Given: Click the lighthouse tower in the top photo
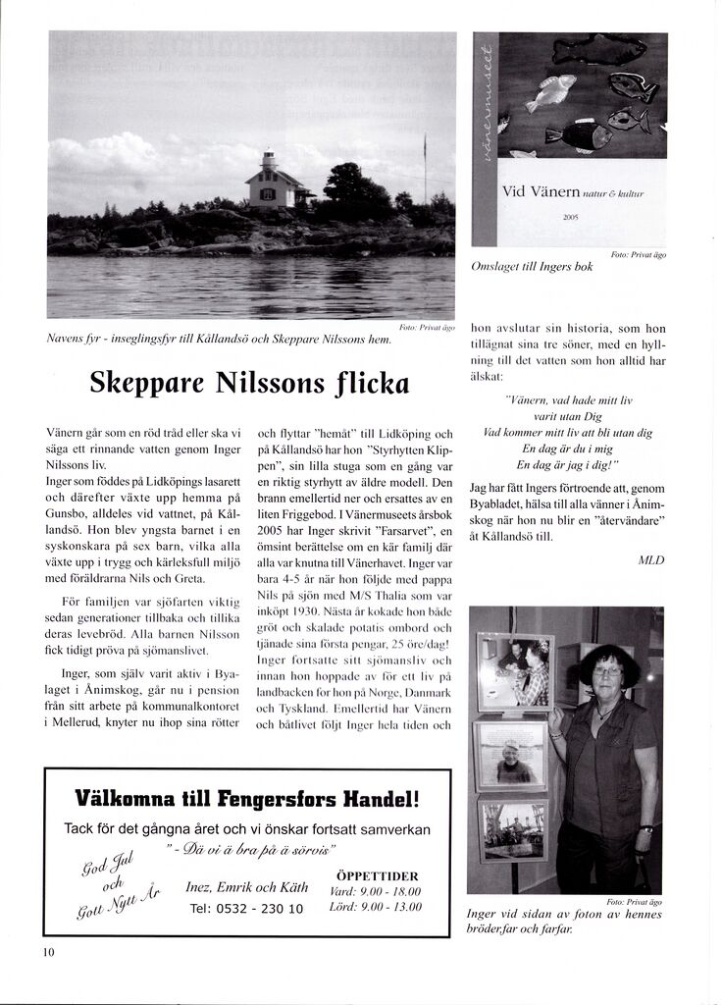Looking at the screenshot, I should (x=268, y=161).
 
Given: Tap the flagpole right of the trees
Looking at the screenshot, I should (x=425, y=167).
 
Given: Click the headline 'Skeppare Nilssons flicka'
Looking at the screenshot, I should (x=248, y=382).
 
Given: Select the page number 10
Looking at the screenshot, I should (x=49, y=952).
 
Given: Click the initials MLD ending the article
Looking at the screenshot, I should (x=650, y=560).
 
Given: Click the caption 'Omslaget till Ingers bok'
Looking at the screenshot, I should (x=533, y=267).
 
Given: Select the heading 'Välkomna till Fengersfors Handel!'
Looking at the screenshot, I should (x=247, y=798).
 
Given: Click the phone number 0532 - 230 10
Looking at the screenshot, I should (x=246, y=909).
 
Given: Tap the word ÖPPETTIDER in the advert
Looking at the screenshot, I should (x=377, y=875).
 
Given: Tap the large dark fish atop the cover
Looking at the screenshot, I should (x=598, y=49).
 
